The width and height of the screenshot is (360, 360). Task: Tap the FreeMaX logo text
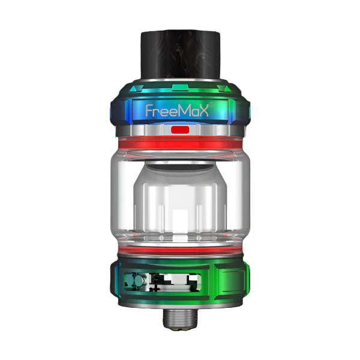pos(180,110)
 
